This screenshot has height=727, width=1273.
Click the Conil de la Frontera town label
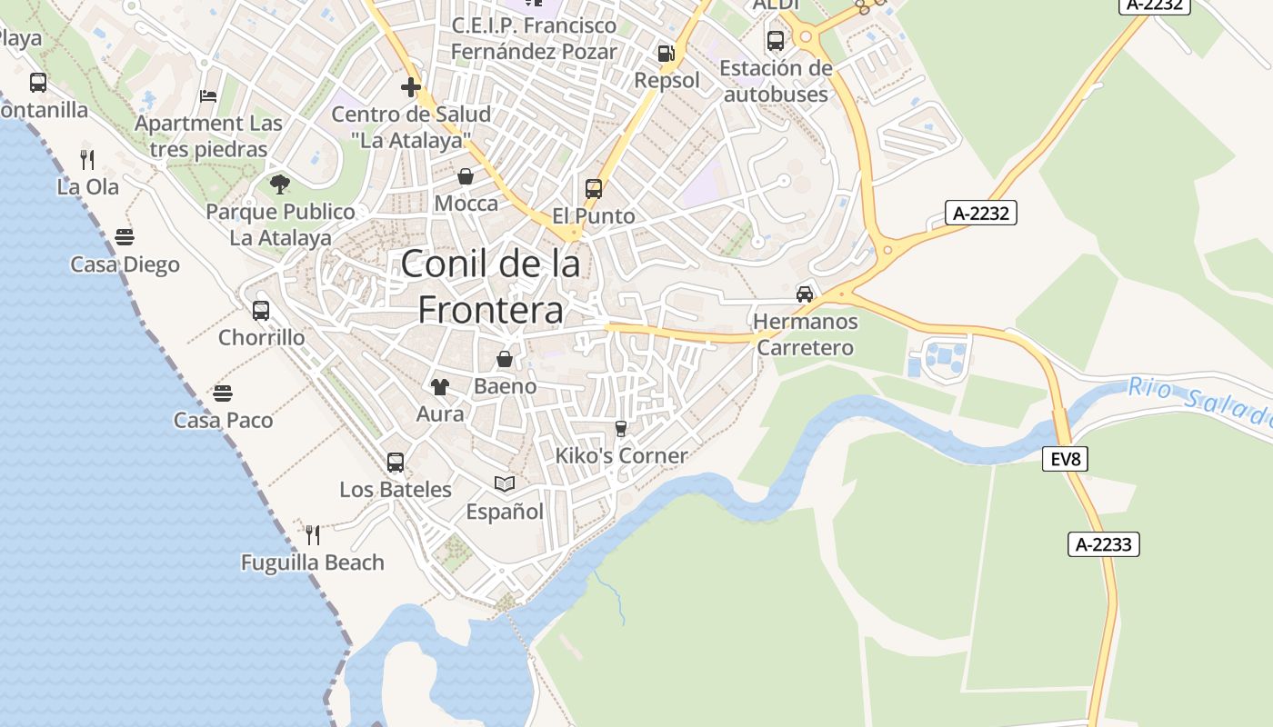coord(491,287)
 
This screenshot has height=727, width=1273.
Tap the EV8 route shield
coord(1065,459)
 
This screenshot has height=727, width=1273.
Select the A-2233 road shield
coord(1103,544)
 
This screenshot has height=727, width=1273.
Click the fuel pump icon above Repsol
coord(667,54)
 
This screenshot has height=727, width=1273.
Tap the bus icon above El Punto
coord(594,189)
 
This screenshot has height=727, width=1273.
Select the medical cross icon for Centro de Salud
coord(411,88)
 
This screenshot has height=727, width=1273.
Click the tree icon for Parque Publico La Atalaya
coord(280,184)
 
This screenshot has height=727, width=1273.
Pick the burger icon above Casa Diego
coord(125,238)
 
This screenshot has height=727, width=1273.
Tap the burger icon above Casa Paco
coord(223,393)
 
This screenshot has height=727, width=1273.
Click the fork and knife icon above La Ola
coord(87,160)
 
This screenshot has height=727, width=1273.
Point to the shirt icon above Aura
coord(440,387)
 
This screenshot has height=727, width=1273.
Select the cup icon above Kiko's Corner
coord(621,428)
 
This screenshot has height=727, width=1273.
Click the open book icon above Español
coord(505,484)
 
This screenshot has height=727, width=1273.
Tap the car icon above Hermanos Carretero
coord(805,294)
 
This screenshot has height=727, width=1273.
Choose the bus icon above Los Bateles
coord(396,462)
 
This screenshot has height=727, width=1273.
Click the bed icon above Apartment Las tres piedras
coord(208,96)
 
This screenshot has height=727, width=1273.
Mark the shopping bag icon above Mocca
coord(466,176)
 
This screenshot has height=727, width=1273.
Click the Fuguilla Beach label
coord(313,563)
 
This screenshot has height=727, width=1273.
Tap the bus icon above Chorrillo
coord(261,310)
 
